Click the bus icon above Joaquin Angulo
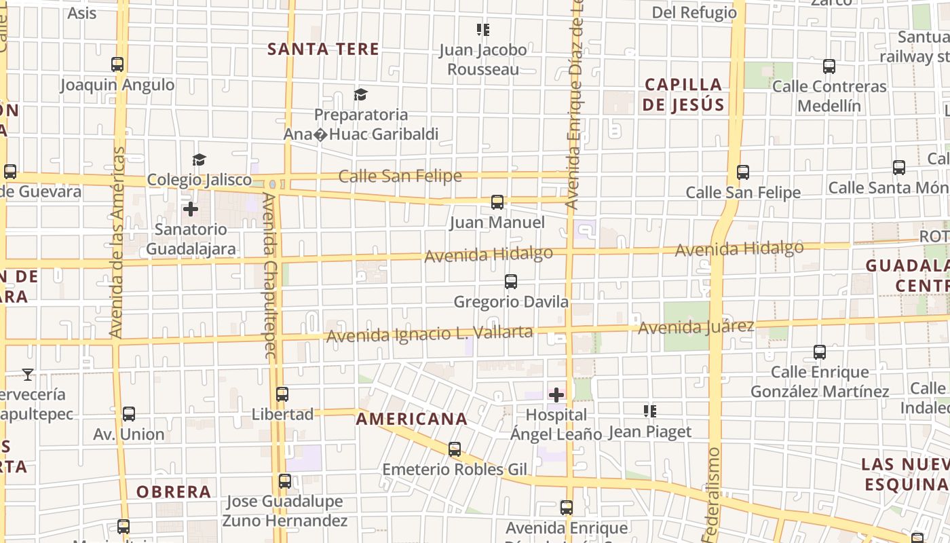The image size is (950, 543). coord(117,64)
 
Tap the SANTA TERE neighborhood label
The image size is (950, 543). coord(323,49)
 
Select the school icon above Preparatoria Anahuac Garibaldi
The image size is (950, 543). coord(360,94)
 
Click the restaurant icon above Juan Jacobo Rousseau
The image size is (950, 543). coord(482,29)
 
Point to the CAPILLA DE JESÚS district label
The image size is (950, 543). coord(683,94)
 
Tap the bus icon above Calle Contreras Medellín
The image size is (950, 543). coord(829,67)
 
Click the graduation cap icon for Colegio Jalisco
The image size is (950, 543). coord(199,160)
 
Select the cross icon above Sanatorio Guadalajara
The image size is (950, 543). coord(191,208)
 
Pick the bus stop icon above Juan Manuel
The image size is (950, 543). coord(497,202)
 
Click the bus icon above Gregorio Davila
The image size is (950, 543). coord(511,281)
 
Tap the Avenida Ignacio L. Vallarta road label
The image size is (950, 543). coord(430,334)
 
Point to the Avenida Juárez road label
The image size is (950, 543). coord(696,327)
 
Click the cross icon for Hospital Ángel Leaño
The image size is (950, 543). coord(556,394)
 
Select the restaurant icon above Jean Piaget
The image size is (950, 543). coord(649,411)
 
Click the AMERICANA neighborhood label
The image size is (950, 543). coord(412,419)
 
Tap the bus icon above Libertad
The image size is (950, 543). coord(282,394)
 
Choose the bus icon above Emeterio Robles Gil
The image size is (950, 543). coord(455,449)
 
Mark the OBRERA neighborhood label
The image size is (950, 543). coord(174,491)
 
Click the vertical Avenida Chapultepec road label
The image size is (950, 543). coord(269,275)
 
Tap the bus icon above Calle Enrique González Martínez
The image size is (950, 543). coord(820,352)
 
